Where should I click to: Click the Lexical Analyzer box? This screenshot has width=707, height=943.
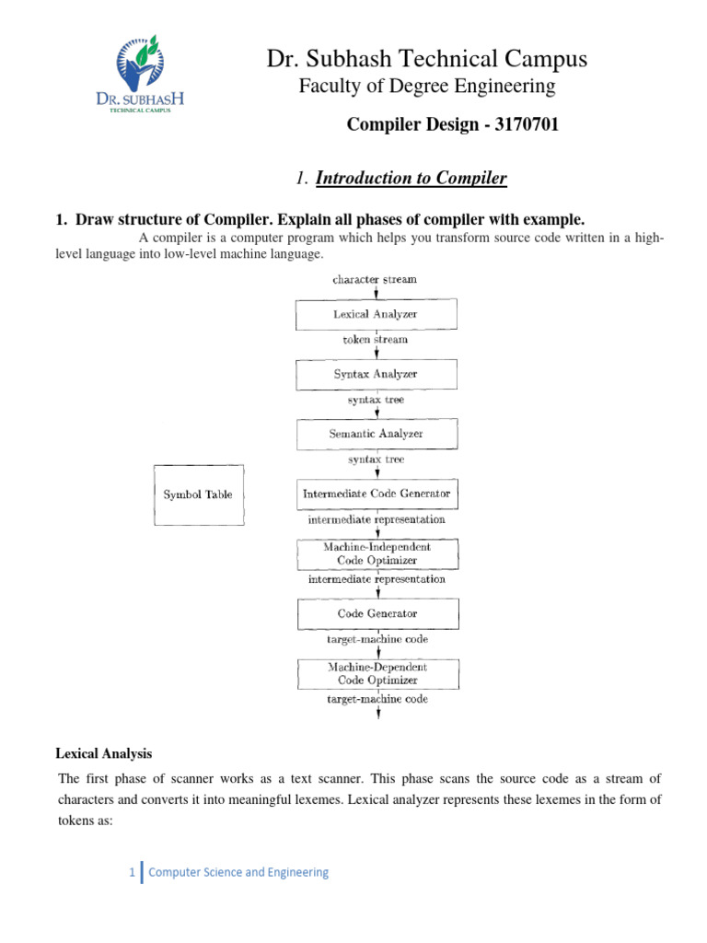point(375,314)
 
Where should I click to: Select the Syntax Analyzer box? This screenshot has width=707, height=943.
point(375,374)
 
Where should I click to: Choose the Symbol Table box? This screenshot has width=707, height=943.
point(198,495)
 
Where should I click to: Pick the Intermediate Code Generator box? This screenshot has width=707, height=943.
point(377,494)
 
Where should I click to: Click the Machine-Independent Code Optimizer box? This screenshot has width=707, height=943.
point(377,553)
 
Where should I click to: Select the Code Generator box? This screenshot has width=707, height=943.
point(377,612)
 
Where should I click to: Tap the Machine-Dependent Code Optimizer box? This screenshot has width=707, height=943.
point(377,672)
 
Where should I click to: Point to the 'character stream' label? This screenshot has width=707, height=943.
point(376,279)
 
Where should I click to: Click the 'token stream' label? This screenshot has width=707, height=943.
point(376,339)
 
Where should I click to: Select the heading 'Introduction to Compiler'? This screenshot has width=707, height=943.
point(411,178)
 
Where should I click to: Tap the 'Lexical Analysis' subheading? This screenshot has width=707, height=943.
point(104,753)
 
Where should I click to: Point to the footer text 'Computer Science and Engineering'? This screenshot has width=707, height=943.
point(238,872)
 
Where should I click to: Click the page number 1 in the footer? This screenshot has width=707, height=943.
point(133,872)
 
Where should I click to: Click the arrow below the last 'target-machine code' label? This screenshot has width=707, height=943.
point(377,716)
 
